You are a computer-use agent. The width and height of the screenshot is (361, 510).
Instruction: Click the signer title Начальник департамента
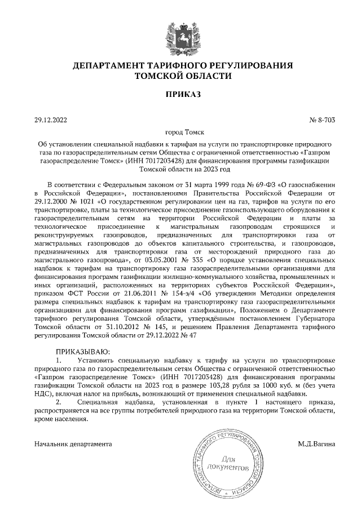point(72,444)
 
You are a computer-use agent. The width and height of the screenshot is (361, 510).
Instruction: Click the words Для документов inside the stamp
point(228,463)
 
